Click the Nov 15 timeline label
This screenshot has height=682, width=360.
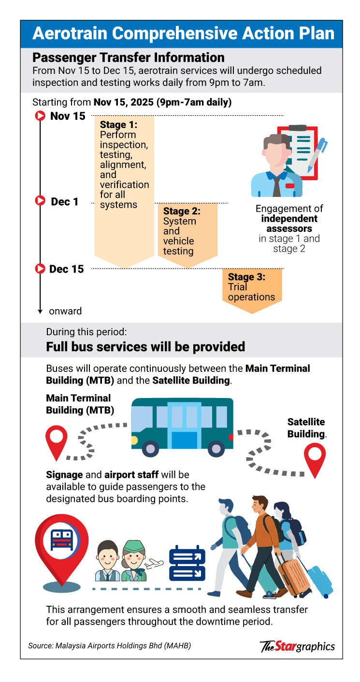68,116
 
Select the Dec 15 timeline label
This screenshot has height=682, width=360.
67,269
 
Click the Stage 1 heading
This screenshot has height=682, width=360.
119,125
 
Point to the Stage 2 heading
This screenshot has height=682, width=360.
182,211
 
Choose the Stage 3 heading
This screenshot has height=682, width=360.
247,277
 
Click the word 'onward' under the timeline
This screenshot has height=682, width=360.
65,311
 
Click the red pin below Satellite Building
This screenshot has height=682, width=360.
315,460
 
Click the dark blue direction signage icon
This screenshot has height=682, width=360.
187,564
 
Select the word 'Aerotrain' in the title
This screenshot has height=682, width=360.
79,34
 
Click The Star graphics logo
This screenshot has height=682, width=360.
297,646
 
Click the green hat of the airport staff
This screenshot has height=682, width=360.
133,546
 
